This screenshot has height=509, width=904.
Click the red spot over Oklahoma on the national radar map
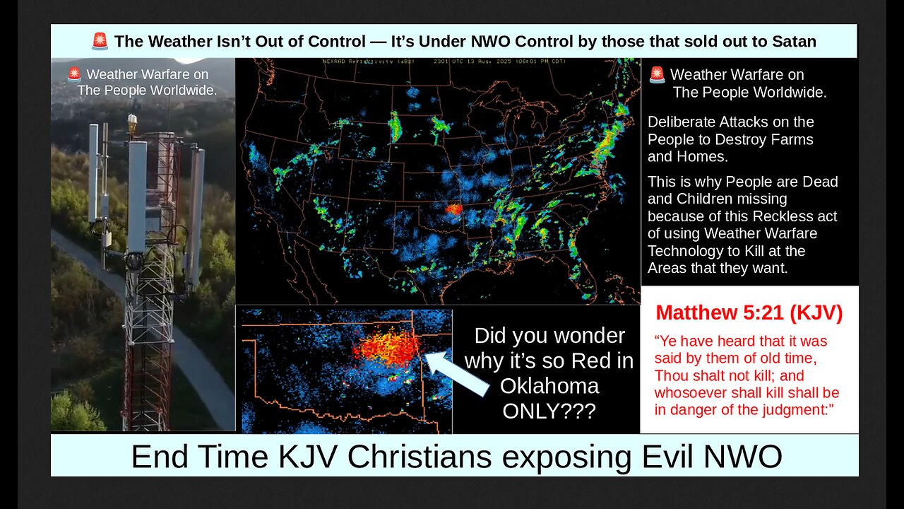(453, 209)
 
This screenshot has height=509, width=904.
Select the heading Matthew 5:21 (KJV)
(749, 313)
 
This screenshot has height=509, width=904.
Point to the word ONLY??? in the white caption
(549, 410)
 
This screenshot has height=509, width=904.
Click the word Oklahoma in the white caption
(549, 385)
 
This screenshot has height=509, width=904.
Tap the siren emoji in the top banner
(100, 42)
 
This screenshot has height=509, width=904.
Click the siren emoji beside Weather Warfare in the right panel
(657, 75)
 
